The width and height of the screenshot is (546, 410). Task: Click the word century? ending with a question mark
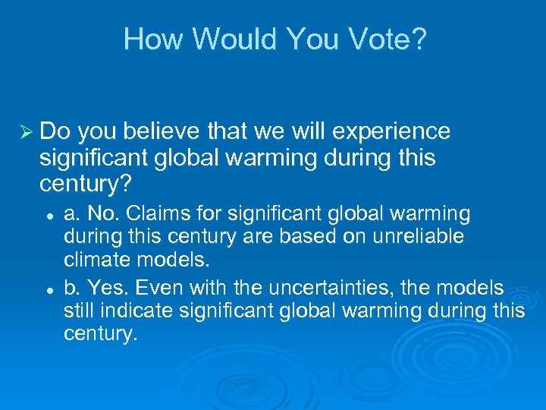click(x=81, y=184)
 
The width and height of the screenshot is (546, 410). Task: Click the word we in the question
click(x=277, y=131)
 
